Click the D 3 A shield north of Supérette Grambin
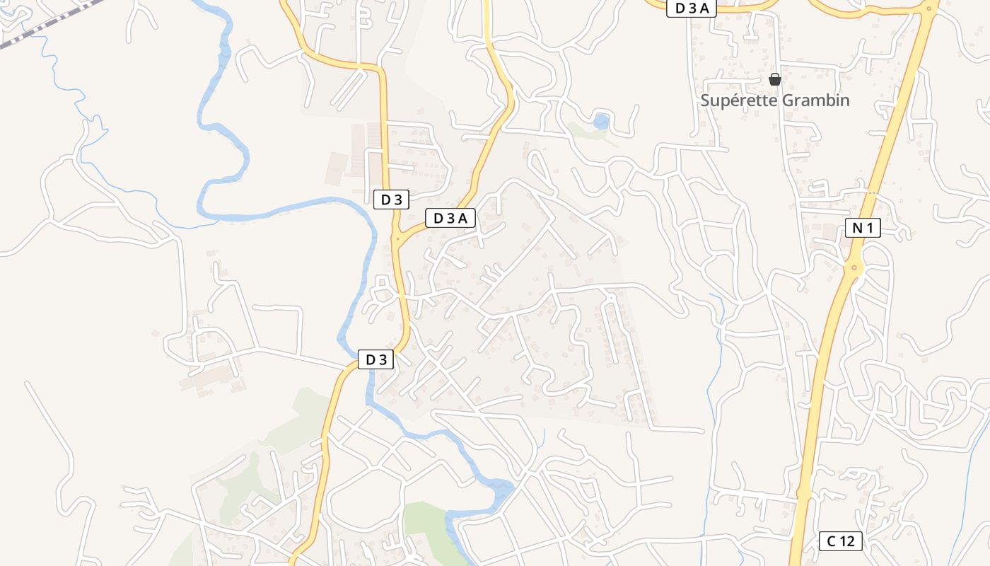pos(692,8)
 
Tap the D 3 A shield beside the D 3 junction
pos(450,218)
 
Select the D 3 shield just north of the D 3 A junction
pos(391,200)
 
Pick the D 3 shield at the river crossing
pos(375,359)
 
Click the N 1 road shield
pos(863,228)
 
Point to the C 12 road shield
pos(841,541)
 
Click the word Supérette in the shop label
pos(738,100)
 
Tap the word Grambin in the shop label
pos(815,100)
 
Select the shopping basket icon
pos(775,79)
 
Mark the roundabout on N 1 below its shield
pos(854,267)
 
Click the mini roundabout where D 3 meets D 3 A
pos(397,239)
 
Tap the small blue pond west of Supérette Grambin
pos(601,121)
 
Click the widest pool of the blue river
pos(499,490)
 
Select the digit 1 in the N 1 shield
pos(870,228)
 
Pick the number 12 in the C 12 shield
pos(848,541)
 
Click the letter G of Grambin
pos(788,100)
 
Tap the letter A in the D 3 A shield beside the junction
pos(462,218)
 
